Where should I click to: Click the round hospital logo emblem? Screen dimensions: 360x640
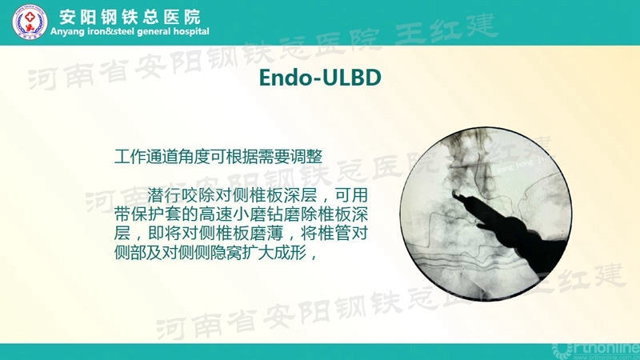coord(30,22)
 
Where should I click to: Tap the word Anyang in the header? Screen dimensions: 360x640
coord(68,32)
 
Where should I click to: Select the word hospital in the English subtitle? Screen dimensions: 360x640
coord(188,32)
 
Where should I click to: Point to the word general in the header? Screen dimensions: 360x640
coord(149,32)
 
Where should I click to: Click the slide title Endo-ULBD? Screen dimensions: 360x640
coord(319,78)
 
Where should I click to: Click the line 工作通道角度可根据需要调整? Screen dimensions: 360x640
coord(218,154)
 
